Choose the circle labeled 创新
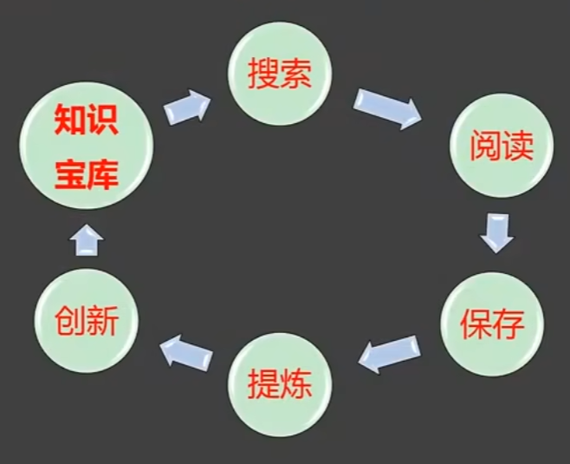point(85,321)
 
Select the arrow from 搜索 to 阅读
point(387,108)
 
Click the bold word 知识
point(86,120)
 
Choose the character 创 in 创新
point(68,322)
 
